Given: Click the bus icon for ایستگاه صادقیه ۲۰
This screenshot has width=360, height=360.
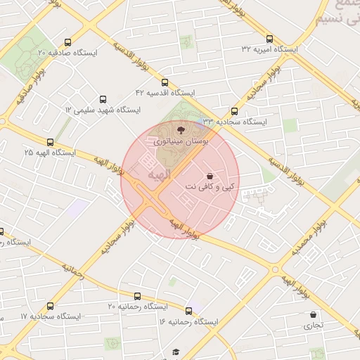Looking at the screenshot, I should pos(67,42).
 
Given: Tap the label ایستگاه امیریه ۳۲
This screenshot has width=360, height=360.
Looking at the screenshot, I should pos(270,49).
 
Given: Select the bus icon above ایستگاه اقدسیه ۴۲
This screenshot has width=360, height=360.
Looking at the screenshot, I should pos(165,82).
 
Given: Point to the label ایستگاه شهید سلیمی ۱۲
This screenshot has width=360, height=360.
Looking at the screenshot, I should pos(103,110).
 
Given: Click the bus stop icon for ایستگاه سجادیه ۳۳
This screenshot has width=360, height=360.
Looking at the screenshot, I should pos(234,111).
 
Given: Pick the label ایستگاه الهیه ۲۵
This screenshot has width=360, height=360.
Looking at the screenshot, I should pos(49,152).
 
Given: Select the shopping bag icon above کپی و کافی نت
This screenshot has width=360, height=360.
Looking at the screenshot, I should pos(210,175).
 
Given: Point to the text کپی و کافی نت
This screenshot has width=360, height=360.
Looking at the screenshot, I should pos(211,187).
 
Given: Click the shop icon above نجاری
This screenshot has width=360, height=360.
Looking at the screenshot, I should pos(313,314).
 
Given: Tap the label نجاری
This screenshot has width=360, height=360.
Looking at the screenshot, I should pos(313,326).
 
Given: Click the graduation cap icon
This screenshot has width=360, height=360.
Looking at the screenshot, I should pos(176,352).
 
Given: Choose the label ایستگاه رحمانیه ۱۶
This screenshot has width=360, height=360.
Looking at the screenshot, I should pos(189,321).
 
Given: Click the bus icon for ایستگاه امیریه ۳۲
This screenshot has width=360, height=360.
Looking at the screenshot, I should pos(270,39).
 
